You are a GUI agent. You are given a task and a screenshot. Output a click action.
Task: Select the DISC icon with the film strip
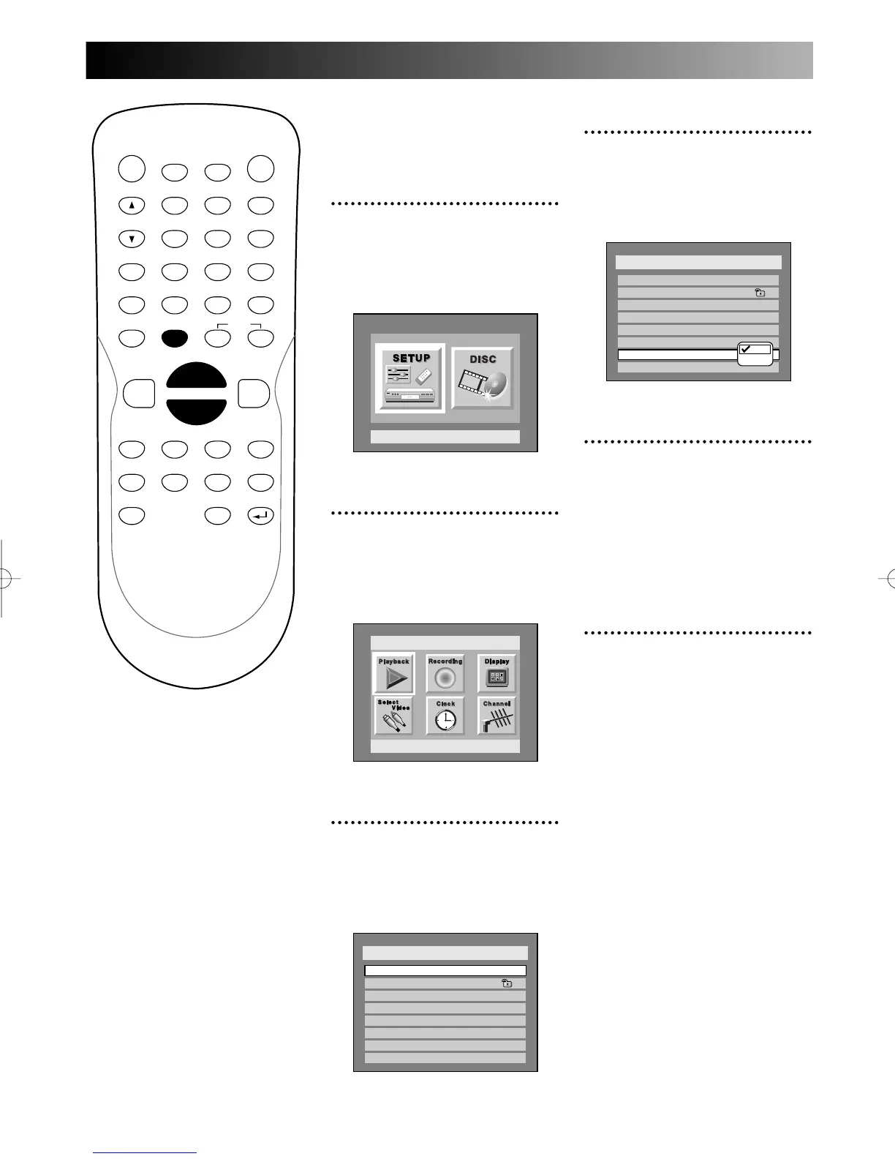click(x=483, y=378)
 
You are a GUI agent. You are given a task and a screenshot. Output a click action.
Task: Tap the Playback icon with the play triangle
click(x=394, y=673)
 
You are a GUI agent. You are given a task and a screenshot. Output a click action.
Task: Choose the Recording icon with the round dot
click(x=445, y=673)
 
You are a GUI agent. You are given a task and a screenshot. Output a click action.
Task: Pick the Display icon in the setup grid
click(x=497, y=673)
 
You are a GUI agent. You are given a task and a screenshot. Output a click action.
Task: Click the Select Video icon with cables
click(x=394, y=716)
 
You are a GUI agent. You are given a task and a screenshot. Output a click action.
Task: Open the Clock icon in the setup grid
click(x=445, y=716)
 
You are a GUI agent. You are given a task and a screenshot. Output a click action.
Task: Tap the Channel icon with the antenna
click(x=497, y=716)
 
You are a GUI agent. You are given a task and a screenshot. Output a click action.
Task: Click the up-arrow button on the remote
click(x=132, y=206)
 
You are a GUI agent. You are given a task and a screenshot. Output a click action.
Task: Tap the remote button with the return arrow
click(x=261, y=516)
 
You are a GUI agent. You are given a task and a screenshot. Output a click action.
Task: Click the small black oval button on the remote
click(x=175, y=338)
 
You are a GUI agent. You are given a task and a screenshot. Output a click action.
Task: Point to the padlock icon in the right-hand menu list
click(x=760, y=293)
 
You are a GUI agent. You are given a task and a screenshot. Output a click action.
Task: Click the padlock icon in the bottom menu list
click(x=507, y=983)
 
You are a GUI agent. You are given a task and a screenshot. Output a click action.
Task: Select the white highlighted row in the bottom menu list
click(x=445, y=970)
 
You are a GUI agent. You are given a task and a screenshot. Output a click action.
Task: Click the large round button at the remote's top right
click(x=261, y=169)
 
